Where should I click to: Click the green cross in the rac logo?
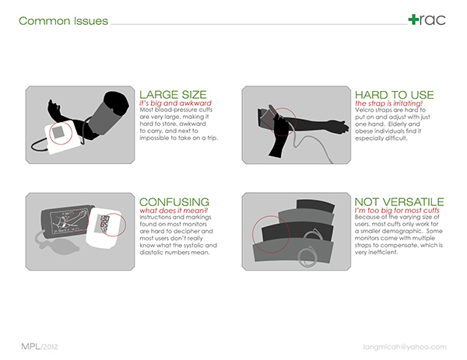point(413,19)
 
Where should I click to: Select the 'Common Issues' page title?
point(63,21)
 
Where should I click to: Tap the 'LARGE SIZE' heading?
point(173,95)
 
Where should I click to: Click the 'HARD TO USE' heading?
point(394,95)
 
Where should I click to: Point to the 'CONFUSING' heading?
point(174,202)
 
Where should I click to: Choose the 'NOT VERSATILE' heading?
point(399,202)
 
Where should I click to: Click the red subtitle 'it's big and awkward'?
point(175,103)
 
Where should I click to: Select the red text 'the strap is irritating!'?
point(388,103)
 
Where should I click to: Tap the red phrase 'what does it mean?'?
point(174,211)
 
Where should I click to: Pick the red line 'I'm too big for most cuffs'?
point(397,211)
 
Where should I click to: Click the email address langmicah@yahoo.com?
point(405,347)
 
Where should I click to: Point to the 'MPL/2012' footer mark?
point(40,347)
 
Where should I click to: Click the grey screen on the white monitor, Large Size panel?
point(58,132)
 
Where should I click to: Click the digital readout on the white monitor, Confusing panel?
point(105,223)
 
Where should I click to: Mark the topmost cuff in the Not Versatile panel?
point(315,206)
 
